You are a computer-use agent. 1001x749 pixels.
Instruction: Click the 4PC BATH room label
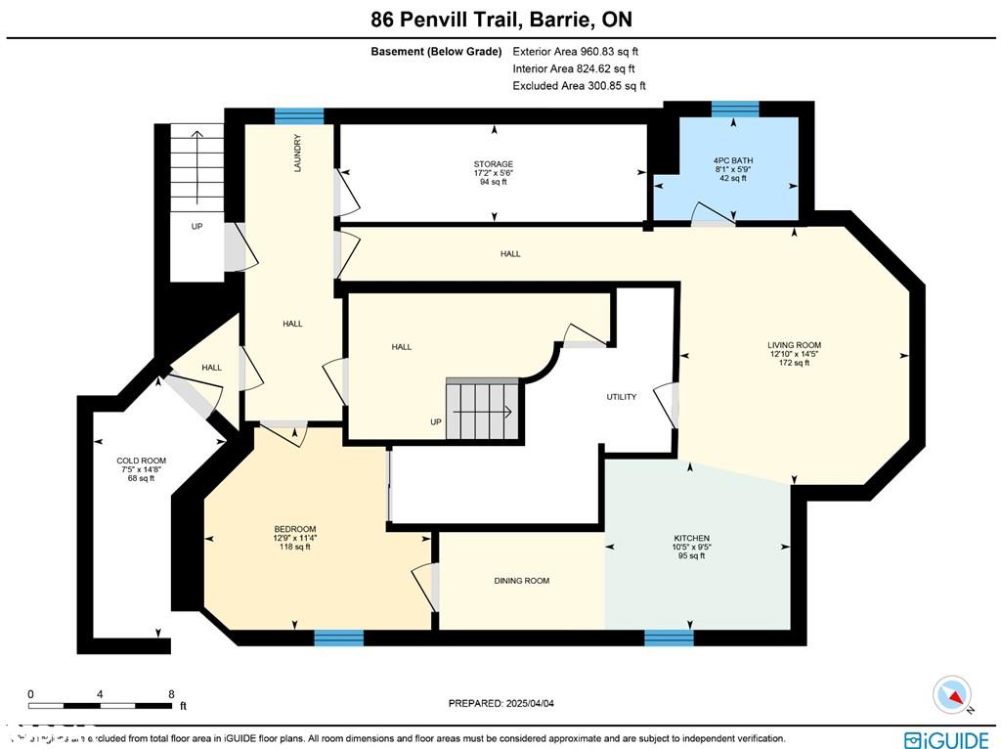click(733, 160)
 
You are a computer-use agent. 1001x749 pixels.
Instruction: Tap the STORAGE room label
click(494, 164)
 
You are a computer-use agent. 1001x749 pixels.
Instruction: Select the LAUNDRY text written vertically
click(297, 154)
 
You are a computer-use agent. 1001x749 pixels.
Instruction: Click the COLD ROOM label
click(141, 461)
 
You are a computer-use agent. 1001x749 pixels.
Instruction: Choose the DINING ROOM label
click(521, 581)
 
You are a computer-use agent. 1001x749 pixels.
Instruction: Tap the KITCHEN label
click(691, 538)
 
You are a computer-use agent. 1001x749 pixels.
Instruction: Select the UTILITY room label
click(621, 397)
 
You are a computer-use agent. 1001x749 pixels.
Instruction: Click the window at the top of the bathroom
click(734, 109)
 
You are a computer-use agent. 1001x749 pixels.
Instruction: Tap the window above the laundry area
click(299, 115)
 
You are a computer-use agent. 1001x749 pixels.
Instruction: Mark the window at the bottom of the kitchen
click(669, 638)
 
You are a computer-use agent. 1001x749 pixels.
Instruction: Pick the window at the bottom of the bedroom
click(338, 638)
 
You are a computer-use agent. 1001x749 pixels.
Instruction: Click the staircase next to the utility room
click(480, 410)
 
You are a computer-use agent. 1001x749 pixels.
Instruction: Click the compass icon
click(953, 695)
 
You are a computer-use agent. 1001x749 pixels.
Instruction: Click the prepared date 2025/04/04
click(533, 703)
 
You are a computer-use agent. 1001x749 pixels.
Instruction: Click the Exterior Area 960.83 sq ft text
click(577, 52)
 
